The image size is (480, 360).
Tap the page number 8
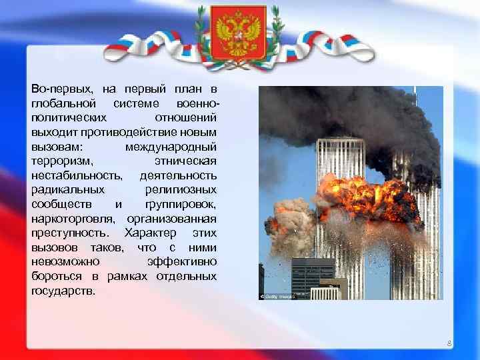pos(449,344)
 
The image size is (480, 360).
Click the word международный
pos(171,146)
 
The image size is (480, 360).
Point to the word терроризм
pos(61,161)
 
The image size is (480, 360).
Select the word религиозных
pos(181,189)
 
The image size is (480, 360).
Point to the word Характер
pos(150,233)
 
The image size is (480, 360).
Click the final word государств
pos(63,291)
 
